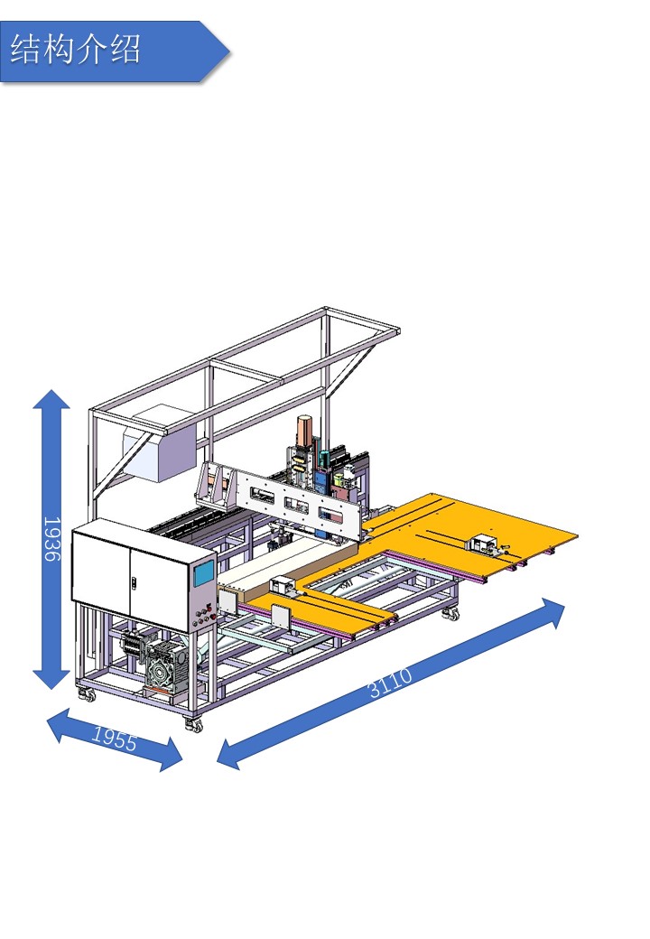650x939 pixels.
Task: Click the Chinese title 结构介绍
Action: [x=76, y=50]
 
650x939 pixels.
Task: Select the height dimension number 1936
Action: [x=52, y=539]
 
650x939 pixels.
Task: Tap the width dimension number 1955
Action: [x=115, y=739]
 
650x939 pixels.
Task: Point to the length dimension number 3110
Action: [x=390, y=683]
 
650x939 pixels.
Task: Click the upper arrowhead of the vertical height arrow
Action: [x=51, y=399]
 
